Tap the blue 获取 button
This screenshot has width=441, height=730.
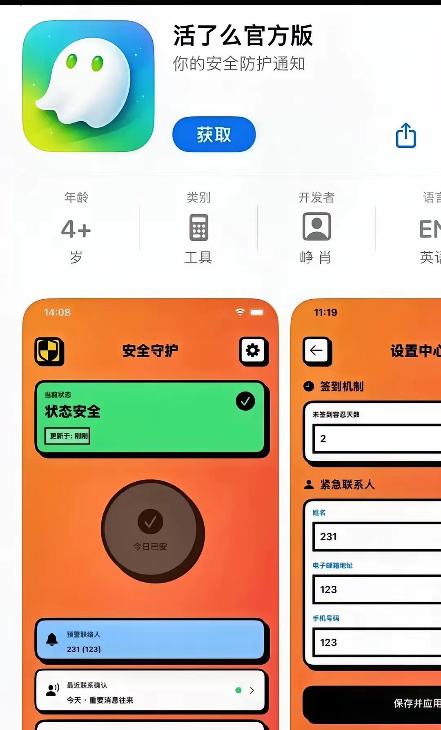coord(214,134)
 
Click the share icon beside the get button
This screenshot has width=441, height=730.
coord(406,135)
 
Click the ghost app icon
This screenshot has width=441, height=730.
coord(88,86)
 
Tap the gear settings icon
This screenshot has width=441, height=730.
coord(253,350)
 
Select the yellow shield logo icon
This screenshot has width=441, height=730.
coord(49,351)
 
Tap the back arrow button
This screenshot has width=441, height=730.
coord(316,350)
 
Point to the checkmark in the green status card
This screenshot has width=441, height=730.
coord(245,401)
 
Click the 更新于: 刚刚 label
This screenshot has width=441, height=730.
coord(67,436)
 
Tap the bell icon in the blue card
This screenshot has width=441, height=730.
coord(52,639)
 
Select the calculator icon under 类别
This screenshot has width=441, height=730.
coord(198,227)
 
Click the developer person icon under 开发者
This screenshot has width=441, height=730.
coord(316,227)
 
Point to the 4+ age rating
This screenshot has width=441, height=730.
coord(76,229)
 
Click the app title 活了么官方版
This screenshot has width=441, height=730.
coord(243,36)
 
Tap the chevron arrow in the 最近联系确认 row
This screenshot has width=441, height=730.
coord(252,690)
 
